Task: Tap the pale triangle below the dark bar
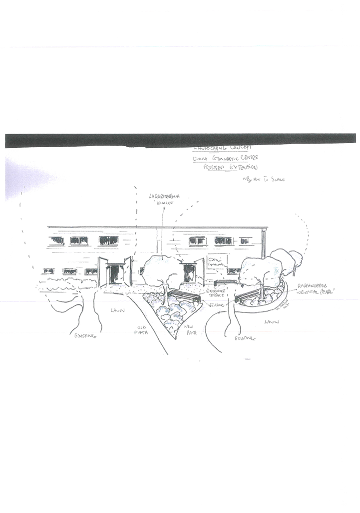point(30,177)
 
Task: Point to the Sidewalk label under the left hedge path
point(84,336)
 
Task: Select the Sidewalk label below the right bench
point(245,338)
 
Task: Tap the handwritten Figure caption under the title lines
point(263,179)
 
